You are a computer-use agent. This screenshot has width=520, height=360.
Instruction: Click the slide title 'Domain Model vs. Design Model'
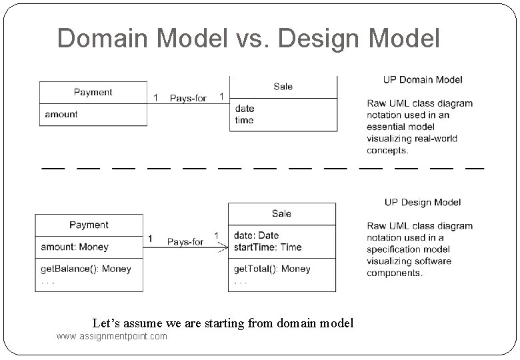[x=248, y=39]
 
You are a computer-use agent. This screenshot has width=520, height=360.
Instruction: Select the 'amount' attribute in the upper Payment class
[x=61, y=115]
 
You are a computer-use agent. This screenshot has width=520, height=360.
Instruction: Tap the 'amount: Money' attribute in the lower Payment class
[x=75, y=247]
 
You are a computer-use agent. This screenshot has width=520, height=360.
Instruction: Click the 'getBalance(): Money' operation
[x=86, y=269]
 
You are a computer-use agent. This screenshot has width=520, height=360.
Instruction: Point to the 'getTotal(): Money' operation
[x=272, y=269]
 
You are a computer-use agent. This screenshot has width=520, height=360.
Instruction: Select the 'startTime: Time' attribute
[x=267, y=247]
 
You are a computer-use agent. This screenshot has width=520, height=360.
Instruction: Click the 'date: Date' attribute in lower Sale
[x=256, y=235]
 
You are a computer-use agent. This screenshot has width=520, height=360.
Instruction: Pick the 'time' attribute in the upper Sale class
[x=244, y=121]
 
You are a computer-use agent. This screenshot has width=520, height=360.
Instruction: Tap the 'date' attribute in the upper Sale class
[x=245, y=109]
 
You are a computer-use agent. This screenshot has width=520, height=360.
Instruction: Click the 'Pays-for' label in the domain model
[x=188, y=99]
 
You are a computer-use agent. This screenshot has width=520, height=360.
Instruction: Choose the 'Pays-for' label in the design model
[x=185, y=242]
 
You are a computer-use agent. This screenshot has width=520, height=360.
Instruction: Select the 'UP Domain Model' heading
[x=423, y=80]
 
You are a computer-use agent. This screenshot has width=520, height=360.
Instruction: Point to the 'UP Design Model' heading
[x=423, y=203]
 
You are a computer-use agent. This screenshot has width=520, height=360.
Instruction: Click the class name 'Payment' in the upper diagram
[x=93, y=93]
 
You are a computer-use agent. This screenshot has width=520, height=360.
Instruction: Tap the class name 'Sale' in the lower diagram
[x=281, y=214]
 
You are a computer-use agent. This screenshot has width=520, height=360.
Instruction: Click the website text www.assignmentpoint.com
[x=112, y=337]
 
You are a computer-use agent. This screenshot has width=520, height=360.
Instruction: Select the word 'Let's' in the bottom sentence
[x=107, y=323]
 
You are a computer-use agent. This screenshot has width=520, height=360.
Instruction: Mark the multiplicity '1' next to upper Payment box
[x=156, y=99]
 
